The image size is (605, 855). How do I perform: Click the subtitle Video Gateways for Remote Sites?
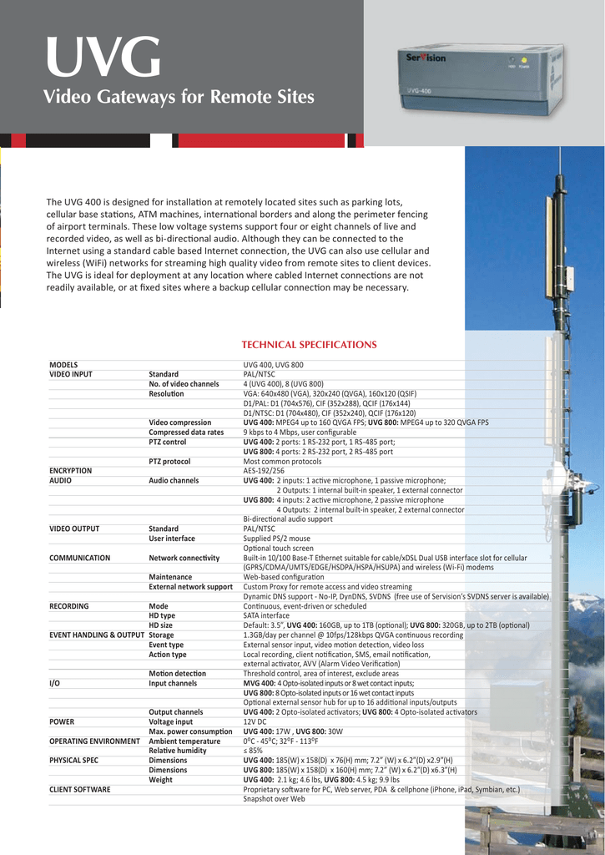pyautogui.click(x=179, y=98)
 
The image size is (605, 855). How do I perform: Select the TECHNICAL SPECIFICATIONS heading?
pyautogui.click(x=309, y=345)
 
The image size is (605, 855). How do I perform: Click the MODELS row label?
pyautogui.click(x=63, y=365)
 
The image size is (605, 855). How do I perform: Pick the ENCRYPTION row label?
pyautogui.click(x=71, y=471)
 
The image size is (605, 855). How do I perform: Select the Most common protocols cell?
pyautogui.click(x=282, y=461)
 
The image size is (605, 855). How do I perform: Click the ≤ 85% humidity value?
pyautogui.click(x=254, y=751)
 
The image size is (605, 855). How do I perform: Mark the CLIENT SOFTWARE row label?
pyautogui.click(x=80, y=789)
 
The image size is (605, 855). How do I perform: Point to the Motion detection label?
pyautogui.click(x=177, y=673)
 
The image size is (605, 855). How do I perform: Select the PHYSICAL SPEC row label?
pyautogui.click(x=73, y=760)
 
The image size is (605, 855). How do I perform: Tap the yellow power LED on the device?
pyautogui.click(x=523, y=60)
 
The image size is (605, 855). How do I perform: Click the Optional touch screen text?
pyautogui.click(x=279, y=548)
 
